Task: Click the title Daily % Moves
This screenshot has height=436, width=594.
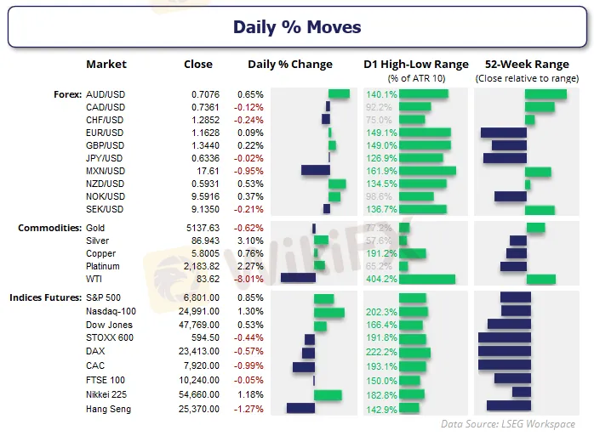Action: [x=297, y=27]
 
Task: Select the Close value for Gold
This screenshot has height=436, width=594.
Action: [x=202, y=228]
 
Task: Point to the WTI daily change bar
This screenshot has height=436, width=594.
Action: [x=298, y=279]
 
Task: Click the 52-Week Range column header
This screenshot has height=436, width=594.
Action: [x=516, y=65]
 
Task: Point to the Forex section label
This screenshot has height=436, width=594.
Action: [x=66, y=94]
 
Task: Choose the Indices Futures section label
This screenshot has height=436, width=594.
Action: [x=46, y=298]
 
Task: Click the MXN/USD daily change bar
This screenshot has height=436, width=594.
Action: [x=315, y=171]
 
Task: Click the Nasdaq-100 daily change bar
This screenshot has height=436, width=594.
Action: [x=328, y=313]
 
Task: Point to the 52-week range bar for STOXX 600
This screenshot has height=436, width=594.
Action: [x=505, y=338]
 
